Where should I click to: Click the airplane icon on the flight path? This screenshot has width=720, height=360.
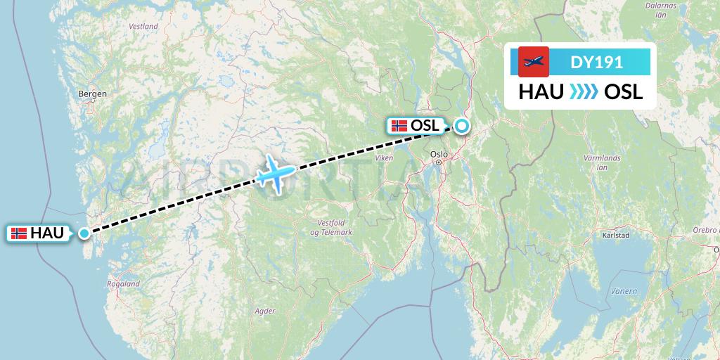[x=274, y=173]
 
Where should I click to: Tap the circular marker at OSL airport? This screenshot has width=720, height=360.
[x=461, y=127]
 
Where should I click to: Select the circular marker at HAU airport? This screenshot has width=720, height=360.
[x=84, y=233]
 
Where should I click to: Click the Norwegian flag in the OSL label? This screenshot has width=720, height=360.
[x=399, y=127]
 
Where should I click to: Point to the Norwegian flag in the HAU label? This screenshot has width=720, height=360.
[x=19, y=233]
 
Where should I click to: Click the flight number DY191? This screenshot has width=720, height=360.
[x=596, y=62]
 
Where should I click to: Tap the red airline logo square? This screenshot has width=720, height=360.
[x=534, y=62]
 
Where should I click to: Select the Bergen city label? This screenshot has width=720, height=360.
[x=93, y=94]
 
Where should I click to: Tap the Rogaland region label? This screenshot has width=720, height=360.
[x=123, y=284]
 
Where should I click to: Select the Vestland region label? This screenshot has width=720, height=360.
[x=143, y=26]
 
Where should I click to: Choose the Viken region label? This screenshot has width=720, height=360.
[x=385, y=158]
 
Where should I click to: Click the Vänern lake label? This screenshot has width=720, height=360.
[x=624, y=291]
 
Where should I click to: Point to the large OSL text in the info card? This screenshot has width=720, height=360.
[x=623, y=92]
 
